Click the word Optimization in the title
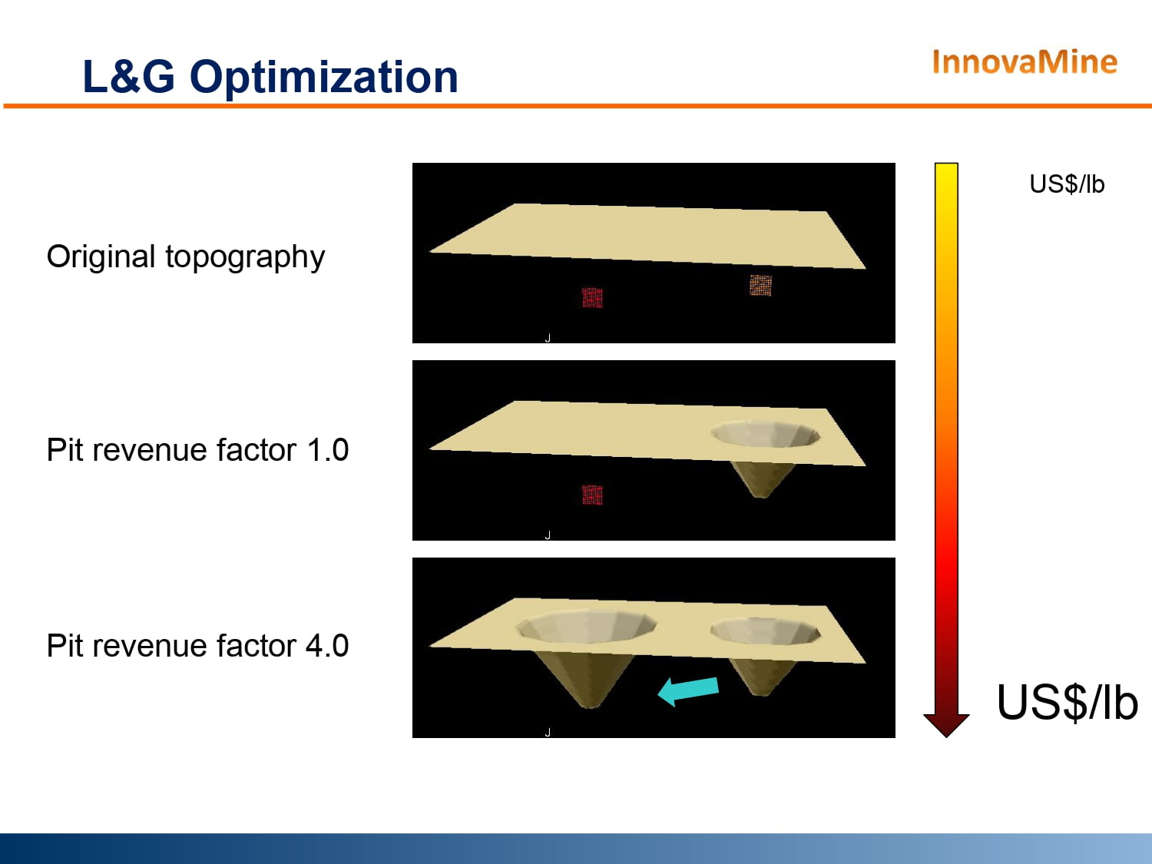(x=324, y=78)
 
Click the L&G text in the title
(x=128, y=77)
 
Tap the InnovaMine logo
(x=1025, y=62)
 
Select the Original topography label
(x=186, y=257)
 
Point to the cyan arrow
(x=688, y=691)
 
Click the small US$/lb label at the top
(x=1067, y=184)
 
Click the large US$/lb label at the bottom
(x=1067, y=703)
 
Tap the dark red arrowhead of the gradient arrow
(x=946, y=725)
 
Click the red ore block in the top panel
(x=593, y=297)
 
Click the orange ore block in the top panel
(x=760, y=286)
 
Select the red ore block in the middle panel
(x=593, y=495)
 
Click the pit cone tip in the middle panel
(x=760, y=495)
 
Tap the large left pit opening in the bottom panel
(x=586, y=627)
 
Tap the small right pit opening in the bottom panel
(x=766, y=631)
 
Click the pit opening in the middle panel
(x=766, y=434)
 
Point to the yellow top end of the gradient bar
(x=946, y=167)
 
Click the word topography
(x=245, y=257)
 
